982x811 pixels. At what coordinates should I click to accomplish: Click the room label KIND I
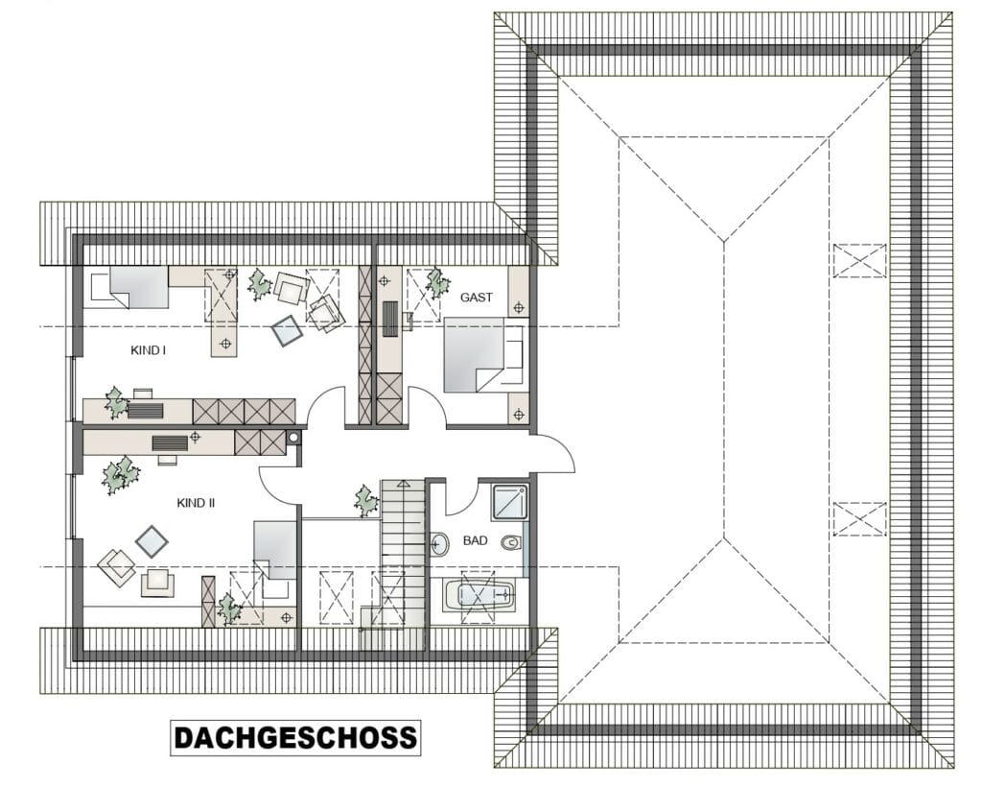click(148, 350)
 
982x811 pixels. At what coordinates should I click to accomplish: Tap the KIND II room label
click(196, 503)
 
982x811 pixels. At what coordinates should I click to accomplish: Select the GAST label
click(477, 298)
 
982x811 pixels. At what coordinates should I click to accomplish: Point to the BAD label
click(476, 540)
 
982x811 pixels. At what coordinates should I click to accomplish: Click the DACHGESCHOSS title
click(295, 738)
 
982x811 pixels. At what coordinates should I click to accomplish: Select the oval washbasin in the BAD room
click(439, 544)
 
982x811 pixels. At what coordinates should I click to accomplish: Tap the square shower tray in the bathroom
click(510, 501)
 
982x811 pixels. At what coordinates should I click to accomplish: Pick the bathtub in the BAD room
click(479, 595)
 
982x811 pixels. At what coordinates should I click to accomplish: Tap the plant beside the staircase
click(365, 500)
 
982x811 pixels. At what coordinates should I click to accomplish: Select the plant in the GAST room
click(437, 284)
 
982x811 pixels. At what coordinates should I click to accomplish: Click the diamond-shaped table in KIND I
click(288, 329)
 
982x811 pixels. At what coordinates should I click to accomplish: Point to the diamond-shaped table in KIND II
click(152, 541)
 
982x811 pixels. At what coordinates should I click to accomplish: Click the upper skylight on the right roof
click(860, 260)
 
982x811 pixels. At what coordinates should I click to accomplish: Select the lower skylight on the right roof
click(860, 519)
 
